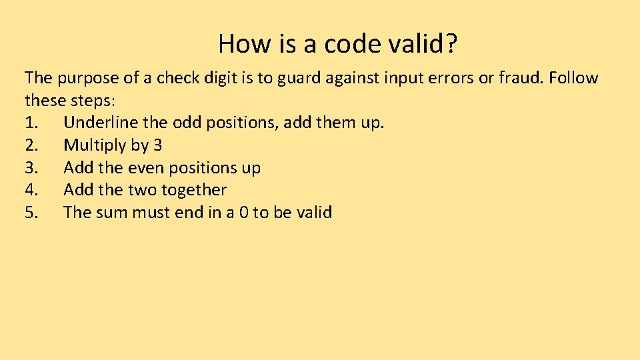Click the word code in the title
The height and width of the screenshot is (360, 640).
[353, 44]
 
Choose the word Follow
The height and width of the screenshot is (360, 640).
[574, 78]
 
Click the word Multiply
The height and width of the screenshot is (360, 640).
[94, 145]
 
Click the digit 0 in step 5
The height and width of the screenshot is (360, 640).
[243, 213]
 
